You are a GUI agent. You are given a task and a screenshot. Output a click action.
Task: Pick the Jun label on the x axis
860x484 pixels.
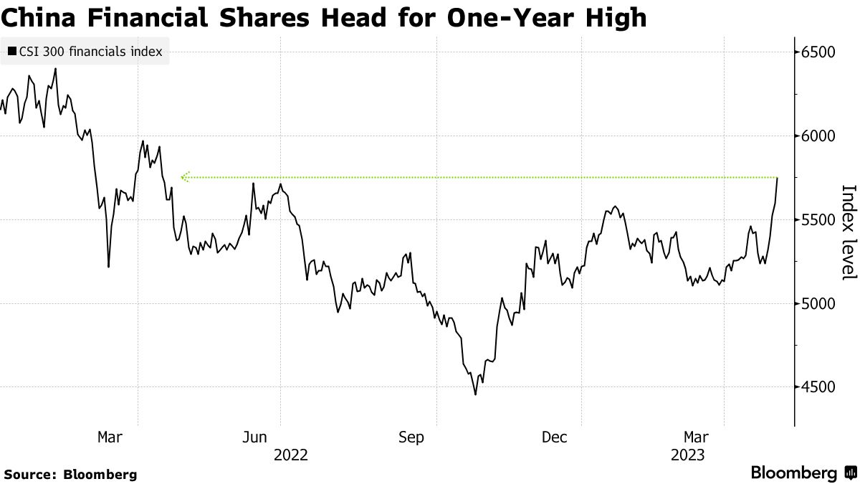[256, 437]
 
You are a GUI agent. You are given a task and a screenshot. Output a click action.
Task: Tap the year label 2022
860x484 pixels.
[290, 455]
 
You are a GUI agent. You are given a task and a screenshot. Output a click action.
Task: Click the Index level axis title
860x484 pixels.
[848, 232]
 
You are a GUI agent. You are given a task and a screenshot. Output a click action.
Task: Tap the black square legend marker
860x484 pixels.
[12, 52]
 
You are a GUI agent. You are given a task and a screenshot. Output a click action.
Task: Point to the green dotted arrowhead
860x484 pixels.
[185, 176]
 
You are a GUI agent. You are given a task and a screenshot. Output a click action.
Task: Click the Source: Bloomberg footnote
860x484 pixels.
[70, 474]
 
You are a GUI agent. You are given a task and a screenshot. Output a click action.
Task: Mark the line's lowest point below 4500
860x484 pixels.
[475, 394]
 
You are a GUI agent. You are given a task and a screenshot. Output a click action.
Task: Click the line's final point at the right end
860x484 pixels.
[778, 177]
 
